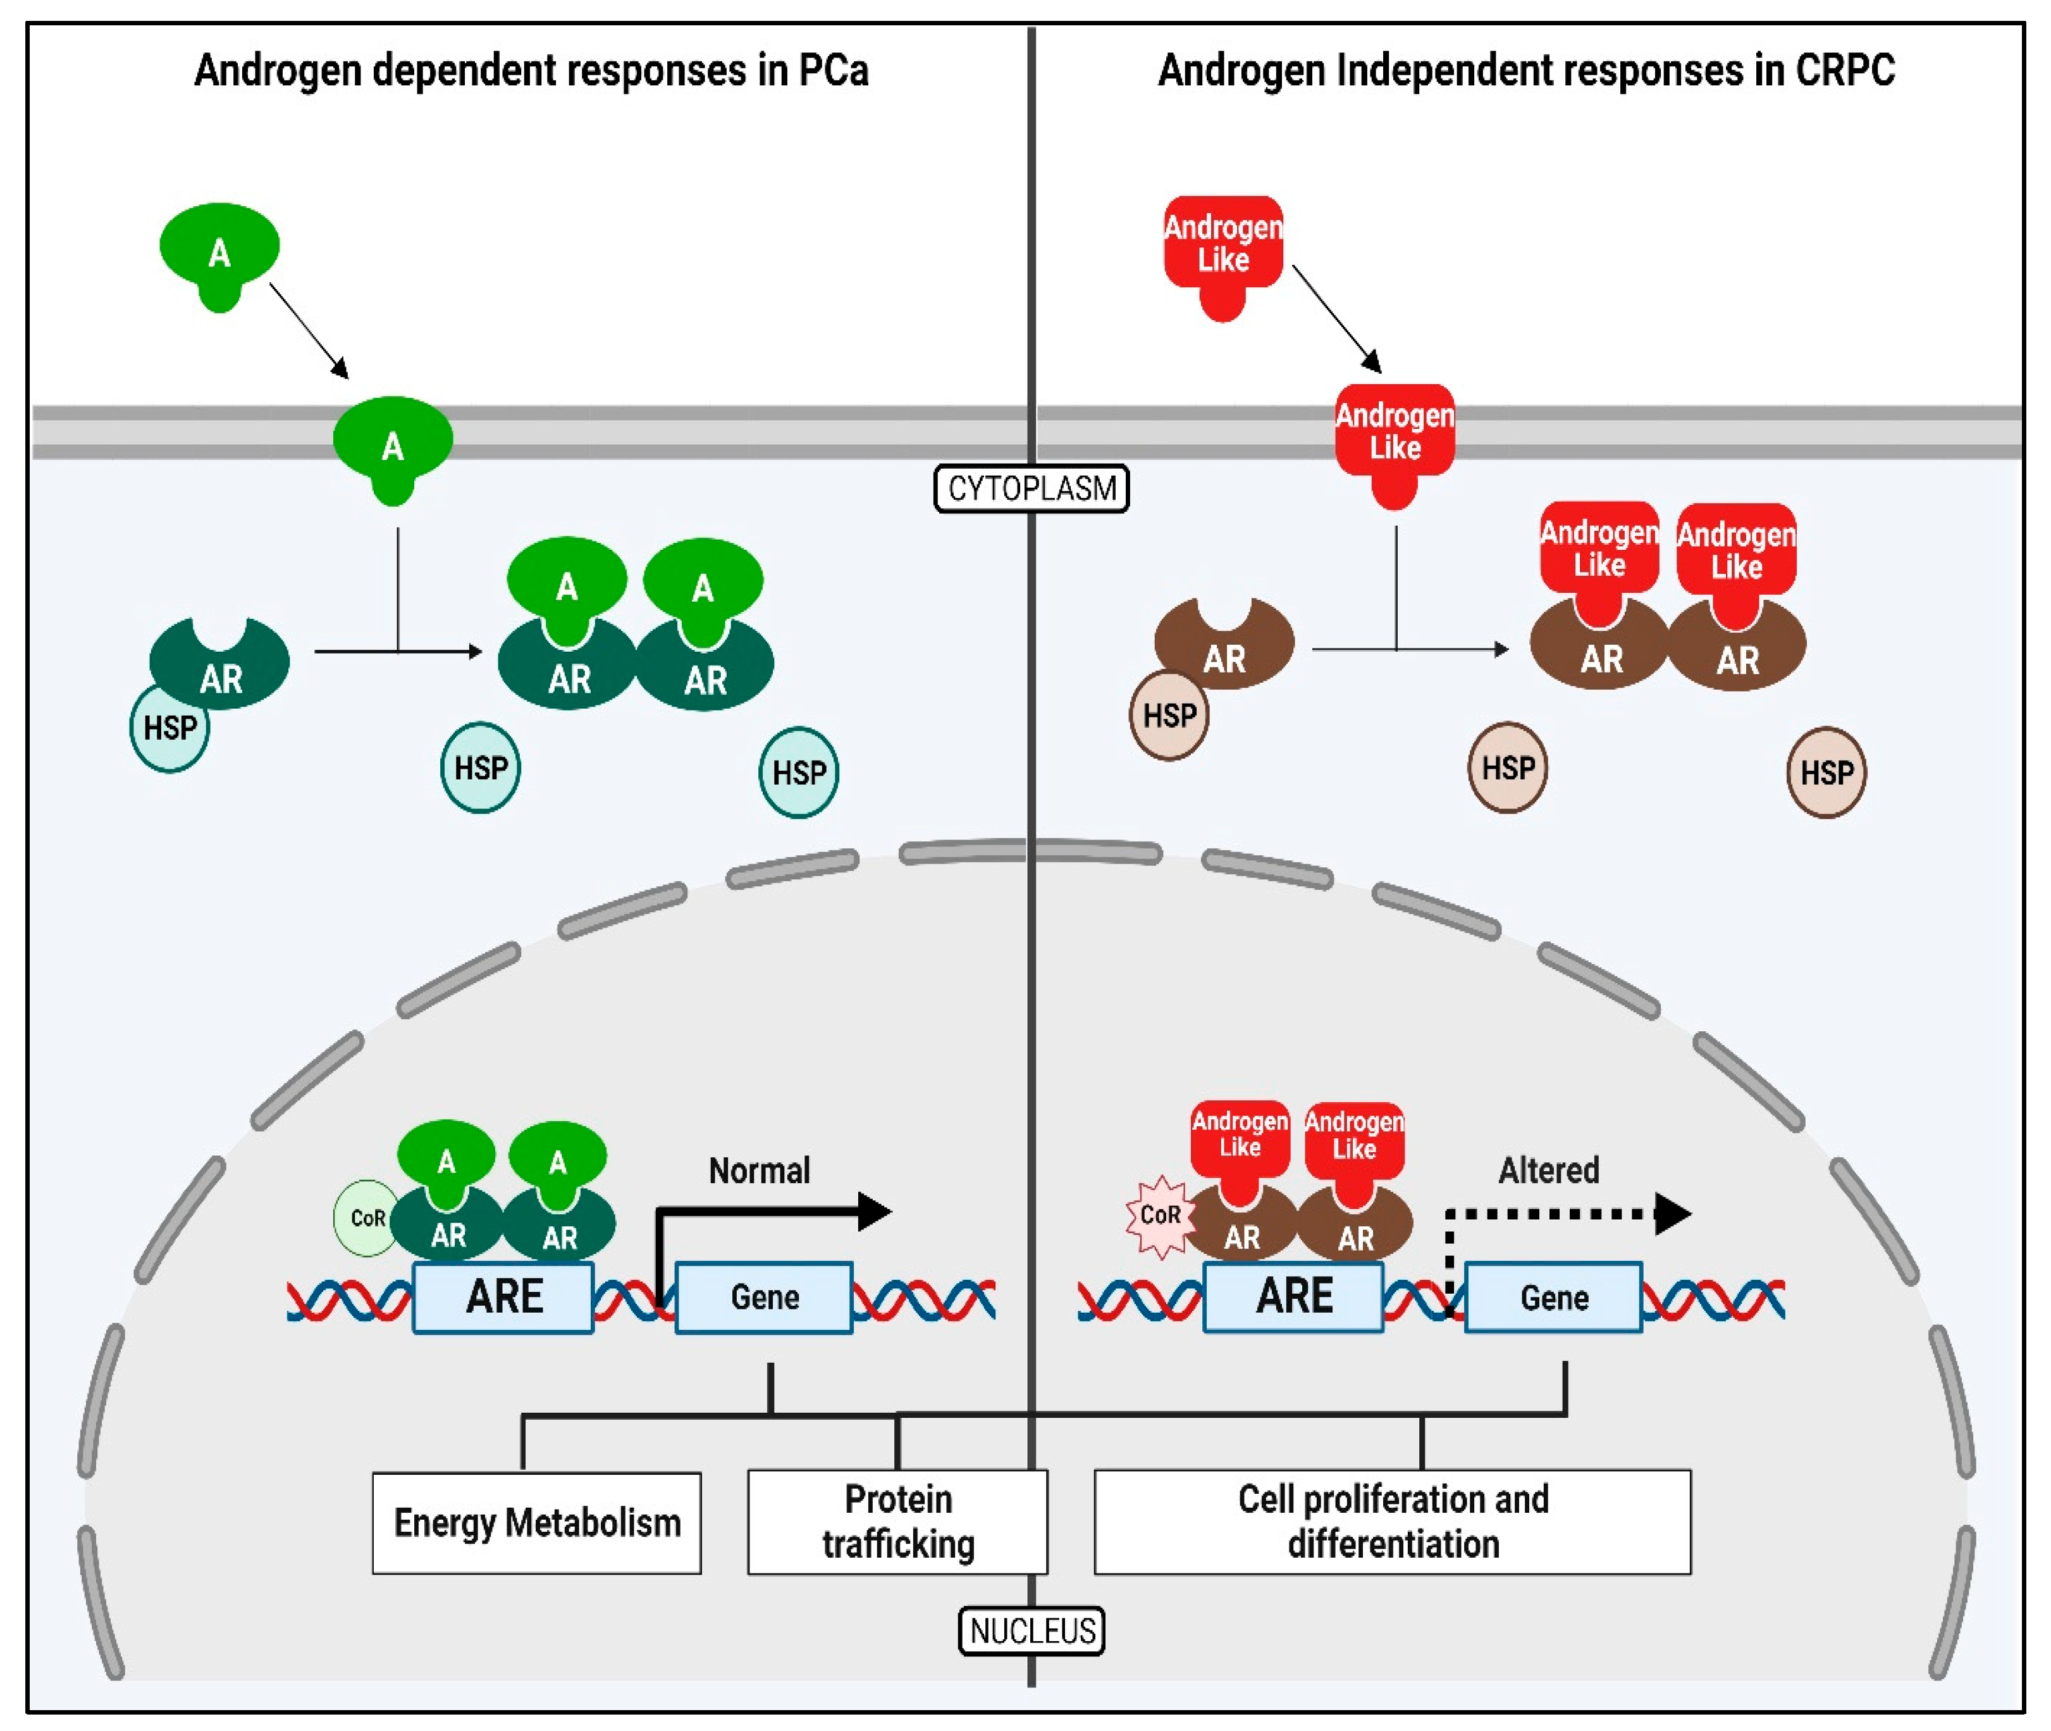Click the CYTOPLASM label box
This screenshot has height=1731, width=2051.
(x=1031, y=488)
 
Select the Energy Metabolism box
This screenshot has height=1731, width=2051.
(x=536, y=1522)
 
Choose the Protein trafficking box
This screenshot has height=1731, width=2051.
(x=897, y=1521)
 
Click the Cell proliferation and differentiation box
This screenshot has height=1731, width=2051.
(x=1392, y=1521)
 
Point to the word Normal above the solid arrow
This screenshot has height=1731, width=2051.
(x=759, y=1170)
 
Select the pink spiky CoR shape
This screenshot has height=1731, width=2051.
(x=1159, y=1216)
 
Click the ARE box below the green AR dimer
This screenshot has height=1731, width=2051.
(x=503, y=1296)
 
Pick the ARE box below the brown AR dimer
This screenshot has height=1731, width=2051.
(x=1294, y=1296)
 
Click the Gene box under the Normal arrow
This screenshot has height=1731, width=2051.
(x=764, y=1297)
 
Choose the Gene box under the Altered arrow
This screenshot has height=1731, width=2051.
(x=1554, y=1297)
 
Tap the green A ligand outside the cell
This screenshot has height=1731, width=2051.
(x=219, y=253)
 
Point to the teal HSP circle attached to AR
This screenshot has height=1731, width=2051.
(x=169, y=728)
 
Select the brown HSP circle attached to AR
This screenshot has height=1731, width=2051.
(x=1169, y=716)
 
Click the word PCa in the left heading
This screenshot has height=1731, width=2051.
(x=834, y=71)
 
